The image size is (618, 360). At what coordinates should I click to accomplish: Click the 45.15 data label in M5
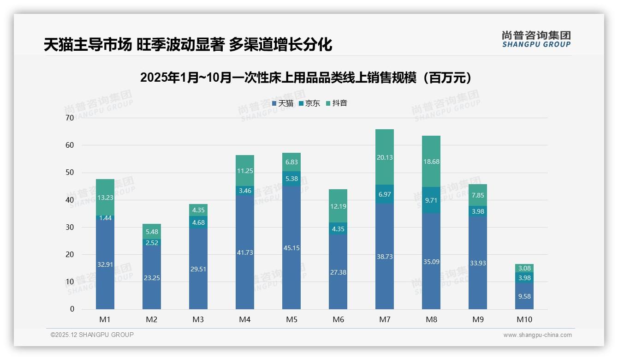[x=291, y=248]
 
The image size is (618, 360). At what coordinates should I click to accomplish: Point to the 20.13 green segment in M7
[x=384, y=157]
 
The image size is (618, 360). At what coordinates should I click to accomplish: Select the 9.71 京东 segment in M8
[x=431, y=200]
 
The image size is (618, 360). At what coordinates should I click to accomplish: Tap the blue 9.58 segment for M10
[x=524, y=296]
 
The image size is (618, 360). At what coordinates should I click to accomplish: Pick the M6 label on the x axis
[x=338, y=319]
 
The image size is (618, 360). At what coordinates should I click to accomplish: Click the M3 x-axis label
[x=198, y=319]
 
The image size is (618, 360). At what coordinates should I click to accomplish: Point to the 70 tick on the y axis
[x=70, y=118]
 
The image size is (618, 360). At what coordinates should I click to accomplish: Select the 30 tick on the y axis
[x=70, y=227]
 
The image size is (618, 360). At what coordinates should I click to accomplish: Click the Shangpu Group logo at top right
[x=536, y=39]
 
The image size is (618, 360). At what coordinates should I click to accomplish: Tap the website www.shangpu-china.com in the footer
[x=537, y=335]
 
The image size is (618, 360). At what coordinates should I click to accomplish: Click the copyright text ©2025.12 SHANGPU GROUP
[x=92, y=335]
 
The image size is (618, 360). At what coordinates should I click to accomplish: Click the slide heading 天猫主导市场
[x=188, y=45]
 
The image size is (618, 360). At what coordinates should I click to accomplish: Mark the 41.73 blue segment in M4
[x=244, y=252]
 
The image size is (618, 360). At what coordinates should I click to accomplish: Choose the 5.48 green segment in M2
[x=152, y=232]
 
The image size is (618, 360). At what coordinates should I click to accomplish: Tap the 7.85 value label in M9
[x=477, y=195]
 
